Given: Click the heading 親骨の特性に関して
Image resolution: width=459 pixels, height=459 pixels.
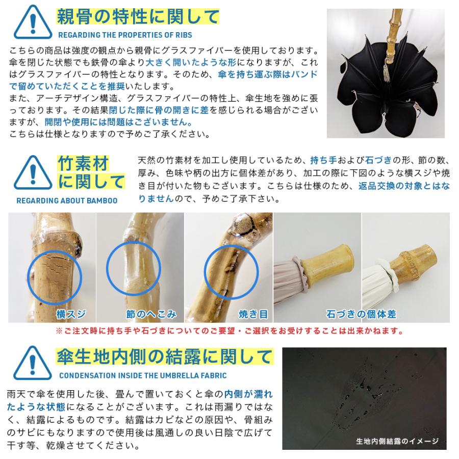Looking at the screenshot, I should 138,17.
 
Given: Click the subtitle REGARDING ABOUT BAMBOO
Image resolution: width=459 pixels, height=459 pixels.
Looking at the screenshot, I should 66,200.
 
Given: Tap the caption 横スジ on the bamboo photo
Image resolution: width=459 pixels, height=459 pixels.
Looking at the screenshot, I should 71,314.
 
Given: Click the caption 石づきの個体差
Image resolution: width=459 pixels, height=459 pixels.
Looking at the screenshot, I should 361,314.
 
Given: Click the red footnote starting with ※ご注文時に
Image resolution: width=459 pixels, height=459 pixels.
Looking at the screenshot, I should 229,331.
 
